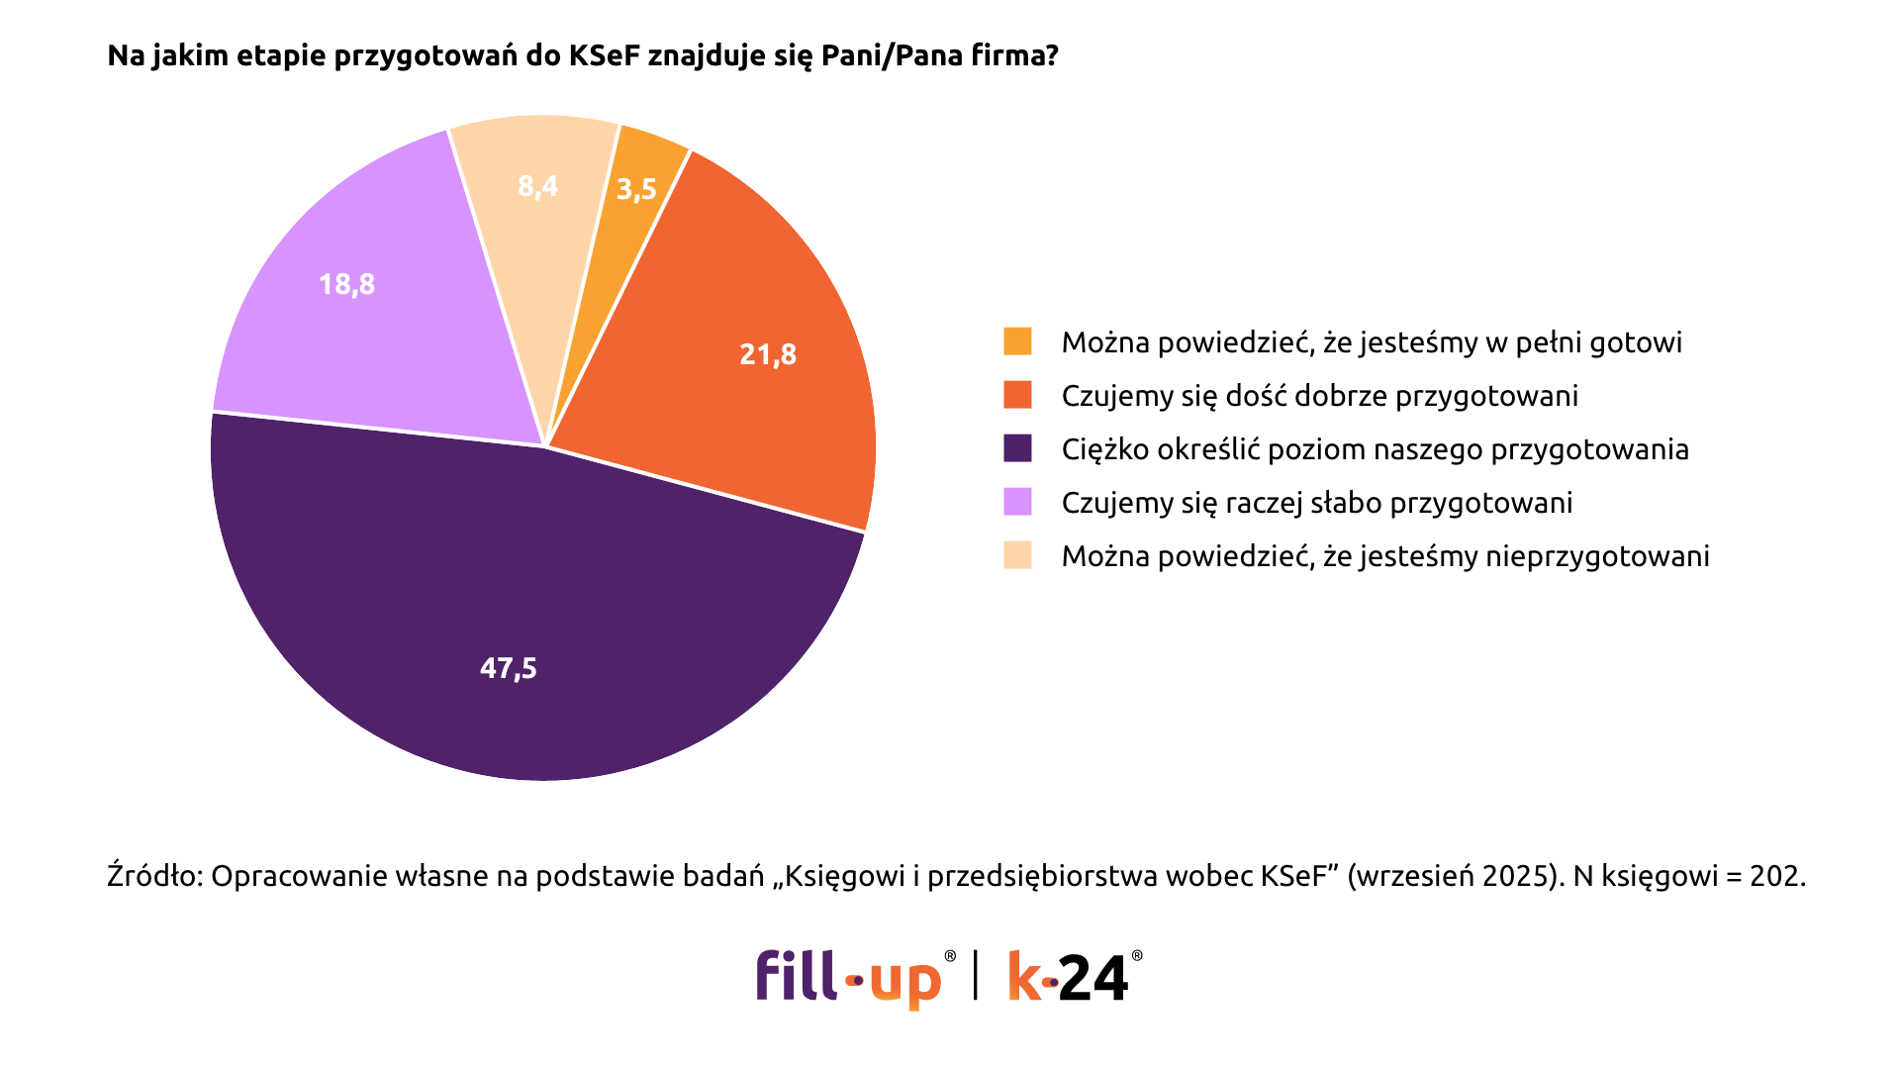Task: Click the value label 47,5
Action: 508,669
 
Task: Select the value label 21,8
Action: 768,354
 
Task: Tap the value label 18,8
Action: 346,285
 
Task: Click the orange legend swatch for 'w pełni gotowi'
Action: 1017,341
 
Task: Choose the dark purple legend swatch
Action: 1017,448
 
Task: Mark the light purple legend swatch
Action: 1017,502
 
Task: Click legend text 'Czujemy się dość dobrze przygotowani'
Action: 1319,396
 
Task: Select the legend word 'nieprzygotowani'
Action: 1597,556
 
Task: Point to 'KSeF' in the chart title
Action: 605,55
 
